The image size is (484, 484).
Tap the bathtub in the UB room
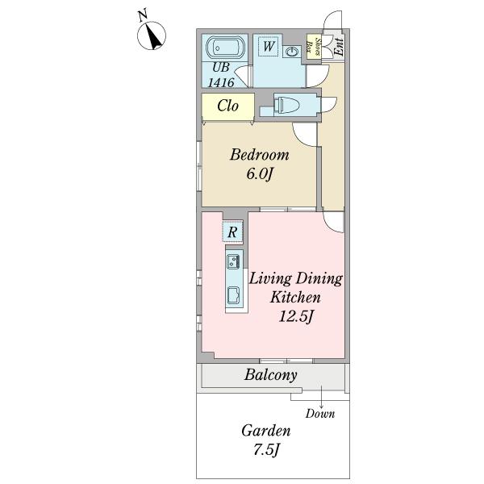(x=225, y=48)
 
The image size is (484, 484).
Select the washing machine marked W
(x=269, y=46)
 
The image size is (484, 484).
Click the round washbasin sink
(x=291, y=52)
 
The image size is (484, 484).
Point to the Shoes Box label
(x=314, y=47)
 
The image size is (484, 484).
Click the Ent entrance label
(x=339, y=47)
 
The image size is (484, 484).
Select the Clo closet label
(x=227, y=106)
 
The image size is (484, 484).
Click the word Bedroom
(x=260, y=154)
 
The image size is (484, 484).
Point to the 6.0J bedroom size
(x=260, y=173)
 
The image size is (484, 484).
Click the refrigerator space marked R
(x=233, y=232)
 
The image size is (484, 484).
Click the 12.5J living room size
(x=296, y=316)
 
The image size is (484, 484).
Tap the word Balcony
(x=271, y=375)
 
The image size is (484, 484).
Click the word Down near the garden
(x=320, y=414)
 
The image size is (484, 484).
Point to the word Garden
(x=266, y=431)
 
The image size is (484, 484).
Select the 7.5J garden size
(x=266, y=450)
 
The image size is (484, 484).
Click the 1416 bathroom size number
(x=221, y=82)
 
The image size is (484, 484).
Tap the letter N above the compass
(x=142, y=15)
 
